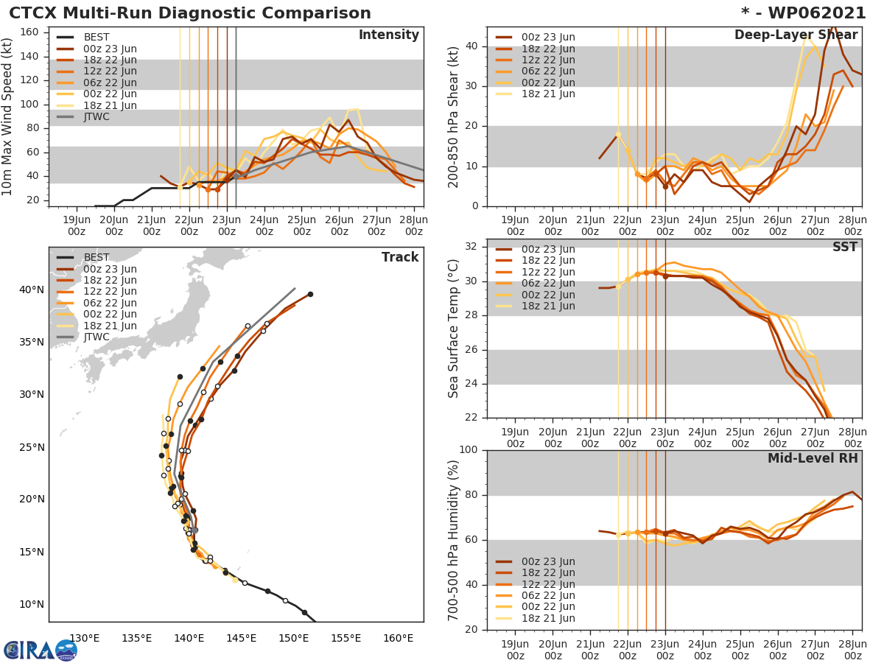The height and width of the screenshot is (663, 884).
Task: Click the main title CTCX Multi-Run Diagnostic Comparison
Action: (190, 13)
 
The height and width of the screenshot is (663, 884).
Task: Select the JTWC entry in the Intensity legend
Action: (96, 116)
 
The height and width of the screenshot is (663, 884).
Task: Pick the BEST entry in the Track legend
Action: (97, 258)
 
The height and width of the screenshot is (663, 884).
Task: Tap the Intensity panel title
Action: (388, 35)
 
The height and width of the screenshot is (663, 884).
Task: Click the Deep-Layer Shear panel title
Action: (796, 35)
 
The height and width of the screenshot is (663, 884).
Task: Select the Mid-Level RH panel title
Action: (813, 458)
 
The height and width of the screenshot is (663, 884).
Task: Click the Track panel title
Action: (400, 257)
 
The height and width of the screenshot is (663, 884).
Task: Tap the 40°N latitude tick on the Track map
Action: (32, 290)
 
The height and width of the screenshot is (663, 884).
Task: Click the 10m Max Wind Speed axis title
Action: (8, 116)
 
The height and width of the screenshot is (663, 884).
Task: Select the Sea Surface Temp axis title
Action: (454, 328)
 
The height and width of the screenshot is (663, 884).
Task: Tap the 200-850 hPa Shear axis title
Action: (454, 116)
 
